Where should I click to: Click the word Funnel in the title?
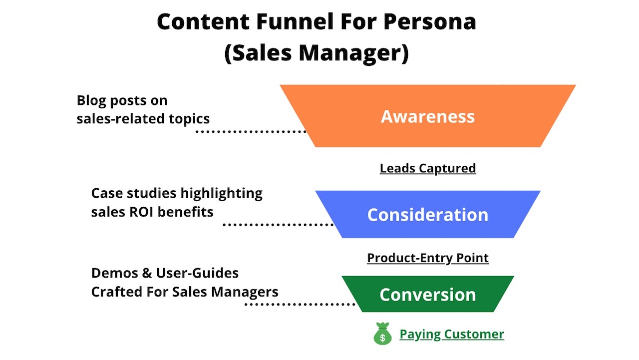295,21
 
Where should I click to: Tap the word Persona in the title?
430,21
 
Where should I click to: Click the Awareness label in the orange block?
428,116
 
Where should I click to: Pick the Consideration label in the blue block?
428,215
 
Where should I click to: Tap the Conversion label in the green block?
428,295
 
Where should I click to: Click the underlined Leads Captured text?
428,169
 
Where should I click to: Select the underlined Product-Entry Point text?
428,258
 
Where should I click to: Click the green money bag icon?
382,334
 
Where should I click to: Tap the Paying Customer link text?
452,335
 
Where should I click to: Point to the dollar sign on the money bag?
382,338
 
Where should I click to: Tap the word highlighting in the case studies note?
222,194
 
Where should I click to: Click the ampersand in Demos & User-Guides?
147,273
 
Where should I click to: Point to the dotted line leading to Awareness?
251,131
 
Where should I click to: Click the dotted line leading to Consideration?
278,225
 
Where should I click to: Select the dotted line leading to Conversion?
300,305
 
